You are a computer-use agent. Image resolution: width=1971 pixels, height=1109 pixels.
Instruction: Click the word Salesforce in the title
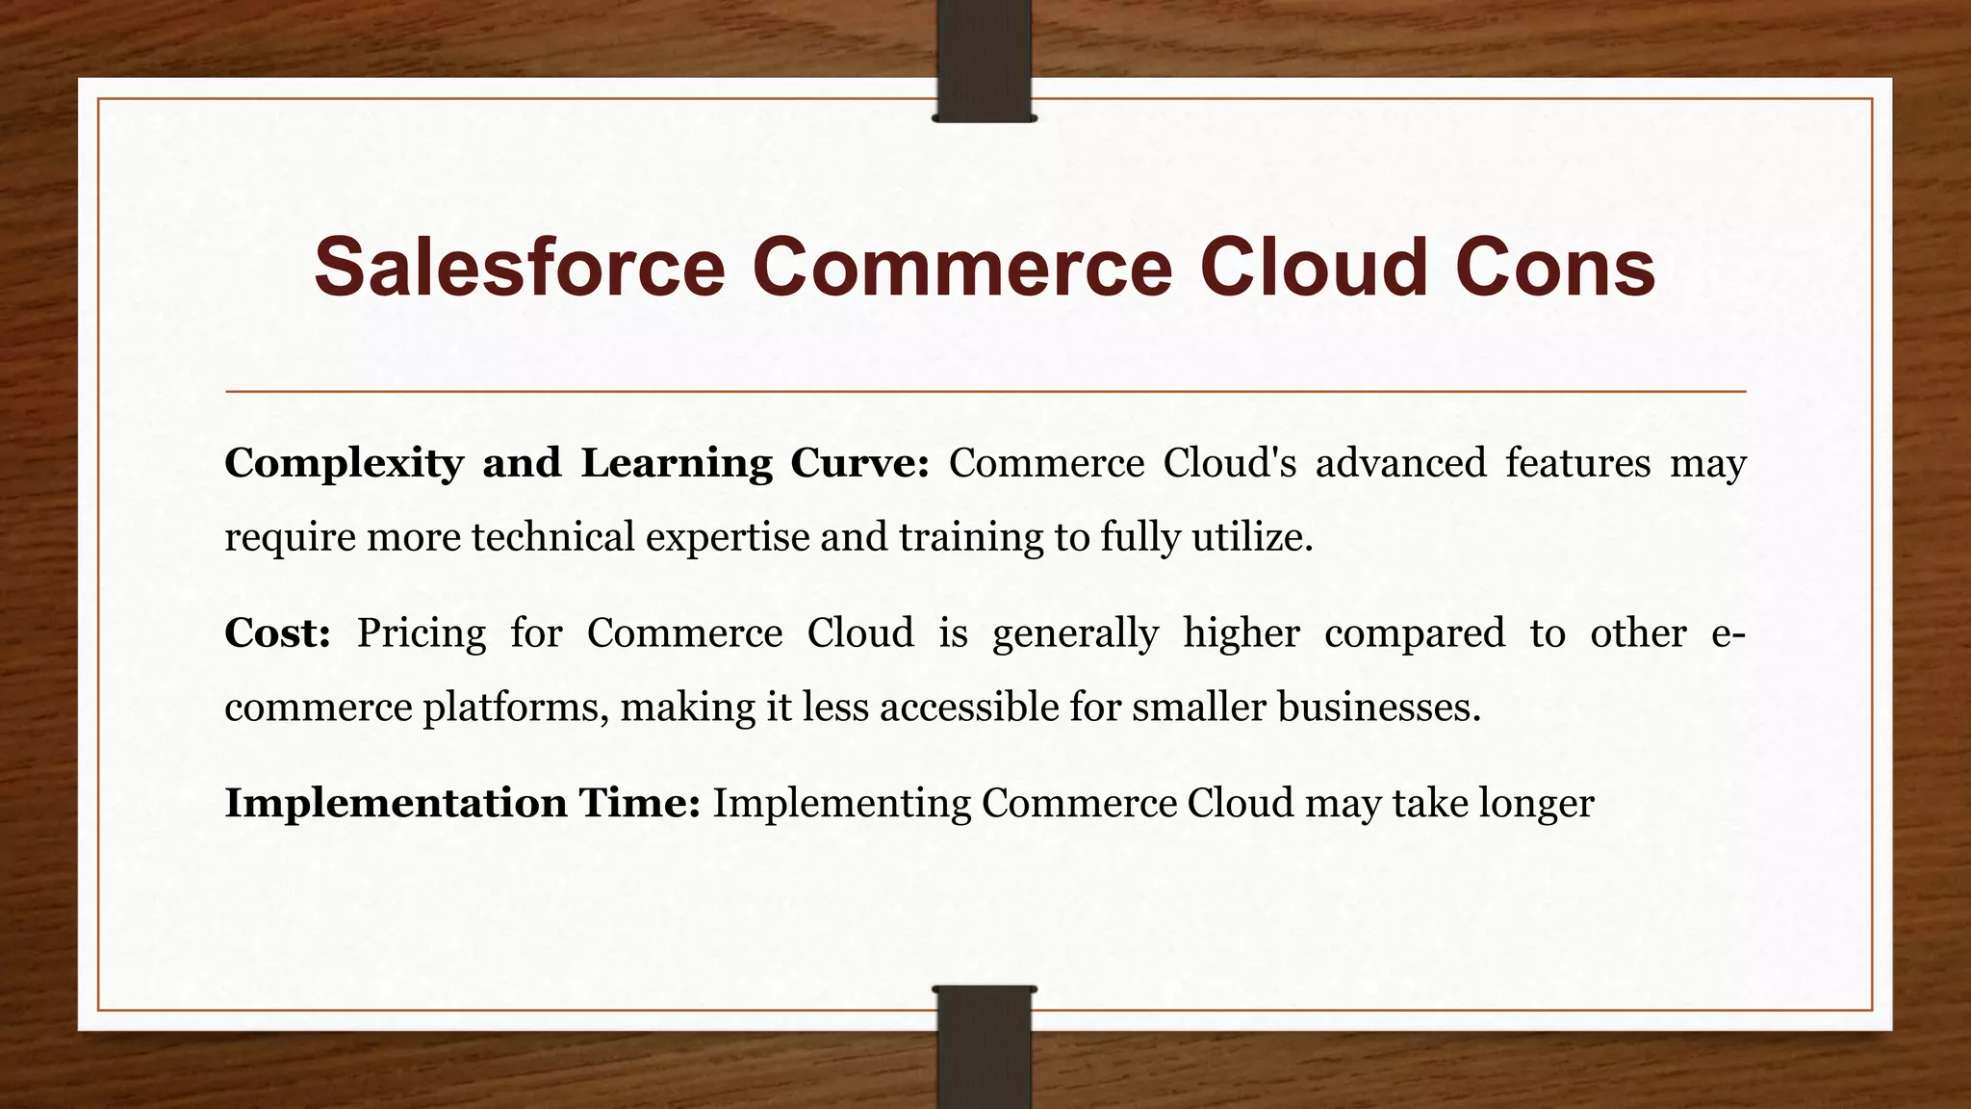519,267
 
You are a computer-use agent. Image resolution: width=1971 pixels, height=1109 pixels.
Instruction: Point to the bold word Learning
676,464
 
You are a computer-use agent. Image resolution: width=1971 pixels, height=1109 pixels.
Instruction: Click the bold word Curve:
859,464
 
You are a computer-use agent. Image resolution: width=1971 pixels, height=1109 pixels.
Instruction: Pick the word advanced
1400,464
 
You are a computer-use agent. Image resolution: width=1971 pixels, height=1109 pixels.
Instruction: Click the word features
1577,464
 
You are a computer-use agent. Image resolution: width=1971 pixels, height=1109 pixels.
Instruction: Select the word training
970,537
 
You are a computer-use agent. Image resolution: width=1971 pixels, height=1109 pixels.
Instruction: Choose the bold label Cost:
277,633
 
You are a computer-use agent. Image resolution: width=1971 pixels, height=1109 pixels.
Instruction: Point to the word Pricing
422,633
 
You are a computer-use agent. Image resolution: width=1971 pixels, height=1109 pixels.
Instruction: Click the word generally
1075,633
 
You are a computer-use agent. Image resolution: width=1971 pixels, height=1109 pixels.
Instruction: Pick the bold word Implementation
396,803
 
